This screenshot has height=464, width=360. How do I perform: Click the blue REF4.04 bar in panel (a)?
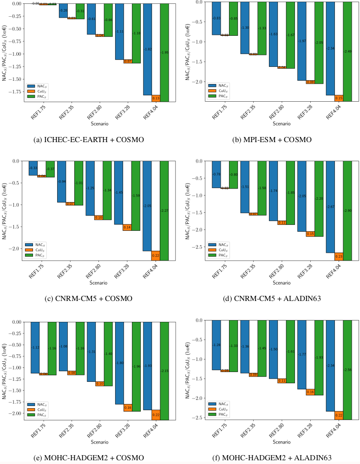point(147,49)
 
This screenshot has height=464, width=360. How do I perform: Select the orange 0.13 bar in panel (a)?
point(156,98)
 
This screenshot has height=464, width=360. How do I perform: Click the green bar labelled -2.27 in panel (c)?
point(164,210)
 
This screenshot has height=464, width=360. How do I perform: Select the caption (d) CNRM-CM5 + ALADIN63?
point(270,298)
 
